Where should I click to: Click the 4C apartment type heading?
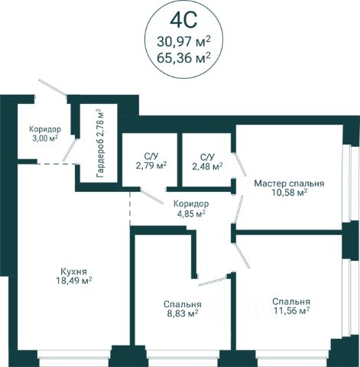click(x=183, y=20)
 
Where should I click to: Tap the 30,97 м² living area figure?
click(x=183, y=42)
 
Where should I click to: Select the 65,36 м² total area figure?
click(x=183, y=57)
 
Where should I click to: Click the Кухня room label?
click(x=74, y=271)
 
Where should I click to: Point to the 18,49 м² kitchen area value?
click(x=74, y=281)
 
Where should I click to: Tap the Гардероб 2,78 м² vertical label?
click(x=100, y=143)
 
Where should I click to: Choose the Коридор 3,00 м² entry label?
click(x=45, y=134)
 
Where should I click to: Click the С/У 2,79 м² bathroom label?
click(x=151, y=161)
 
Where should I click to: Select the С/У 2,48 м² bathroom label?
click(x=207, y=161)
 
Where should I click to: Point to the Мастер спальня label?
click(x=289, y=183)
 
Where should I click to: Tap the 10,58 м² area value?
click(x=289, y=193)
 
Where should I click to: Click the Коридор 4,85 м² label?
click(x=191, y=209)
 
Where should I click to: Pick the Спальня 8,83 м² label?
click(x=183, y=309)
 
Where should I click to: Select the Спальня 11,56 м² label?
click(x=291, y=307)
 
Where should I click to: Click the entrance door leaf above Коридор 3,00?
click(x=53, y=88)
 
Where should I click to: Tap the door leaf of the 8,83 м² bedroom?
click(x=213, y=281)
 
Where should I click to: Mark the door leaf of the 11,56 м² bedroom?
click(x=243, y=256)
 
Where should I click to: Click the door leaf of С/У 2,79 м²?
click(x=151, y=196)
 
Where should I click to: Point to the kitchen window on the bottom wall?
click(x=74, y=355)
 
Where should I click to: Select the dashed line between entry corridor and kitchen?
click(x=57, y=164)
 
